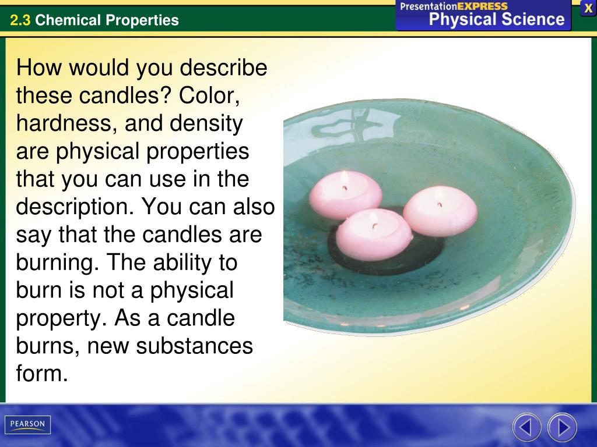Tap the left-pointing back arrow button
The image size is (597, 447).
(x=526, y=427)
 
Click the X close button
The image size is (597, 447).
(x=588, y=8)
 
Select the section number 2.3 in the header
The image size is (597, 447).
(x=20, y=21)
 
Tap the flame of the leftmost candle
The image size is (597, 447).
(x=345, y=177)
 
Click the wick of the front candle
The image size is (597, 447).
(x=373, y=222)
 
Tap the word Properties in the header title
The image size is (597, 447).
(x=142, y=21)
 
